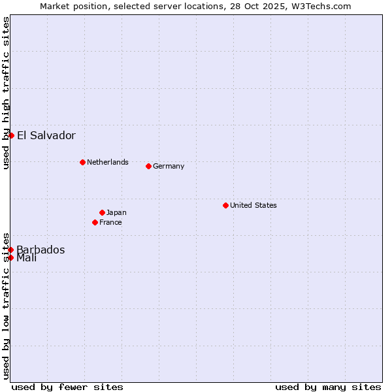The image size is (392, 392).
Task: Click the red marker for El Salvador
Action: click(x=11, y=135)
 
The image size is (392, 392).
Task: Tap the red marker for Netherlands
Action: click(x=82, y=162)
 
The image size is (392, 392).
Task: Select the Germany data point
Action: click(x=148, y=166)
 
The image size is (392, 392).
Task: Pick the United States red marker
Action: click(x=225, y=205)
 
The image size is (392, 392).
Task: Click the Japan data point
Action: click(x=102, y=212)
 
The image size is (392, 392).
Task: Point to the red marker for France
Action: click(x=95, y=222)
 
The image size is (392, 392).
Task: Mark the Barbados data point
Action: click(x=11, y=250)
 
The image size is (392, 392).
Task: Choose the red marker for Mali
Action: click(x=11, y=257)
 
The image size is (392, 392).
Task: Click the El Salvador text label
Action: click(x=46, y=136)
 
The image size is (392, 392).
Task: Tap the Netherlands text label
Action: click(x=108, y=162)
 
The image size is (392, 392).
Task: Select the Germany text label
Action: click(x=169, y=166)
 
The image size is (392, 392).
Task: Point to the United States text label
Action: click(x=253, y=205)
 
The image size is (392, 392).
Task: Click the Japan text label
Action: click(x=116, y=212)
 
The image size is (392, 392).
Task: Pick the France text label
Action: click(x=110, y=222)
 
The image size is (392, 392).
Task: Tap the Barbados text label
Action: click(x=41, y=250)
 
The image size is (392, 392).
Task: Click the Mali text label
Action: click(x=27, y=258)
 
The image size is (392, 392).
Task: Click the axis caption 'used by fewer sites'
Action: click(x=67, y=387)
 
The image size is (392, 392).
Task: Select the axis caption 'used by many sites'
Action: click(x=328, y=387)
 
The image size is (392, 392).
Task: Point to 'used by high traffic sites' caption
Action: click(x=6, y=93)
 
